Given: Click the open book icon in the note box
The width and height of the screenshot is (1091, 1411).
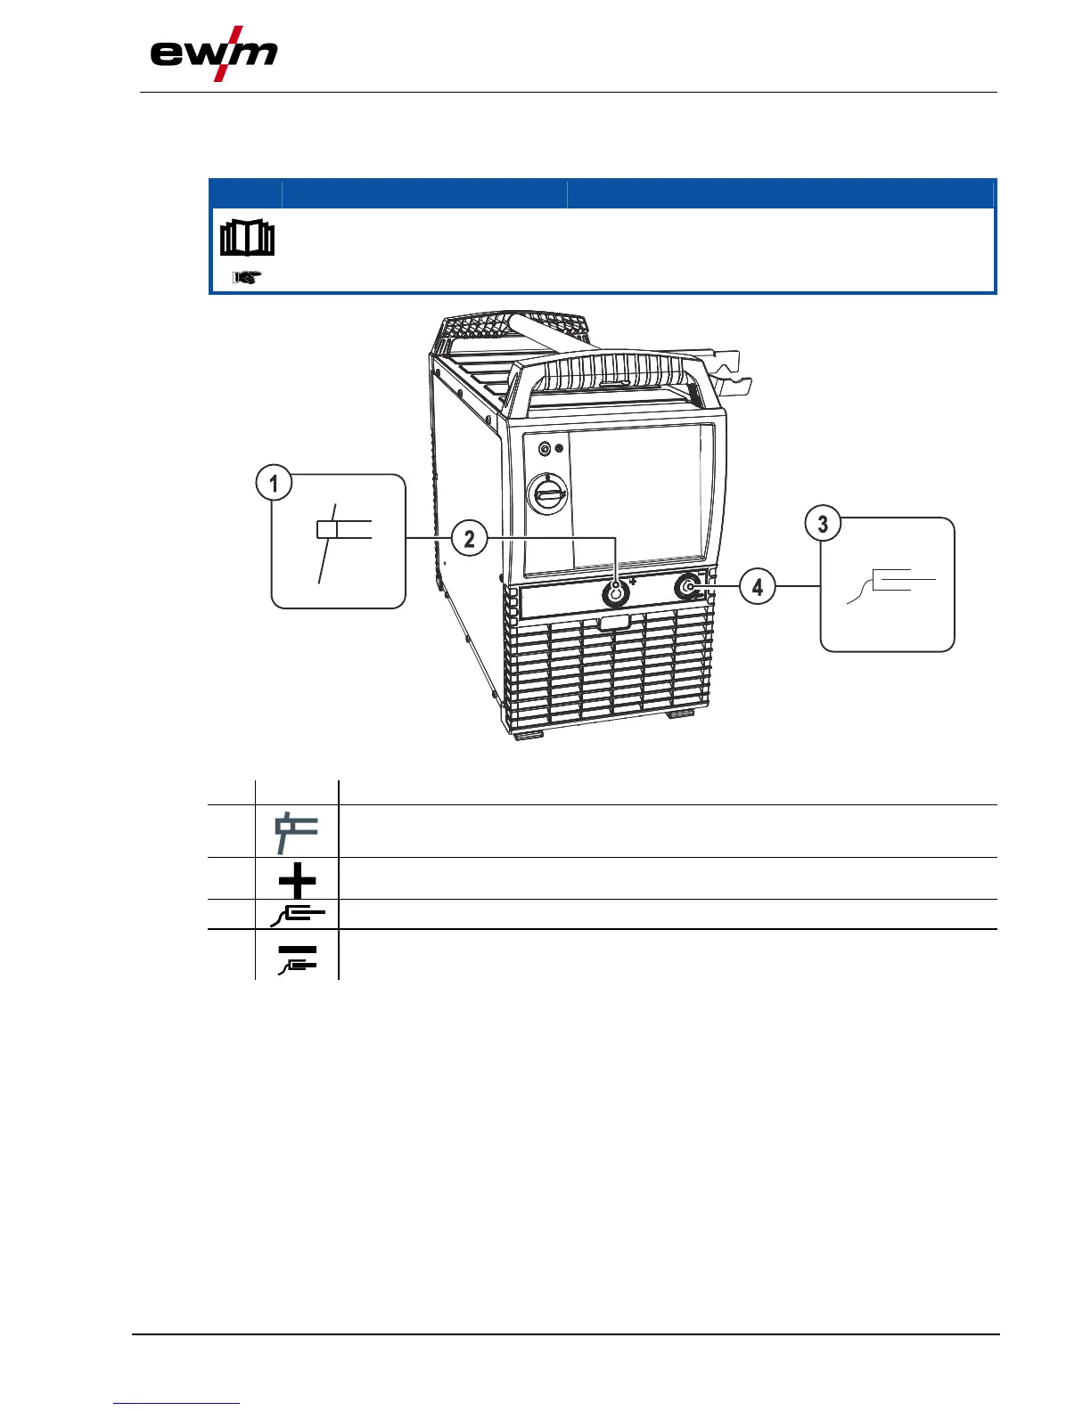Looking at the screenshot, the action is tap(247, 239).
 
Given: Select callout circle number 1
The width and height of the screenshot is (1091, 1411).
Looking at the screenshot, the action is tap(274, 484).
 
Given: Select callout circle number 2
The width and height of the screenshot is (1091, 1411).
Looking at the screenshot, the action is tap(469, 538).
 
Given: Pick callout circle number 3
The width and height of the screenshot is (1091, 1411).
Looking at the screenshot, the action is tap(823, 523).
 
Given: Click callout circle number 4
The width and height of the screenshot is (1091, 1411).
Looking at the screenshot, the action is tap(757, 587).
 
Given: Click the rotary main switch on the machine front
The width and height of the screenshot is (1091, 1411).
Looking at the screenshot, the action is tap(545, 492).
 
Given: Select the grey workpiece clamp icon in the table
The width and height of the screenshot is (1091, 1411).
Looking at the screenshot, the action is tap(296, 832).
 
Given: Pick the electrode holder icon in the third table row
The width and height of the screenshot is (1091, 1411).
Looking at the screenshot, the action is tap(298, 914).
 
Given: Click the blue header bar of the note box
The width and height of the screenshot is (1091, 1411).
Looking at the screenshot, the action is tap(602, 193).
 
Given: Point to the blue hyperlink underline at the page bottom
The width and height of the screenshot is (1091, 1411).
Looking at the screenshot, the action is tap(177, 1404).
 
